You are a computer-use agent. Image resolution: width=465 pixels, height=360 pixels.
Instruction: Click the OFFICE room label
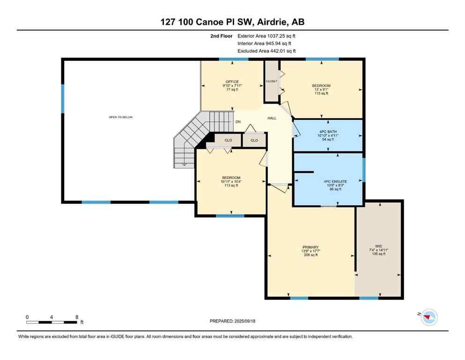(x=232, y=82)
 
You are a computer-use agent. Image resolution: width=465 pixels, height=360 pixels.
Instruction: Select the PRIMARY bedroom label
(x=310, y=247)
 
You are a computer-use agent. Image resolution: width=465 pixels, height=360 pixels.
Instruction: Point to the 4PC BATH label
(x=328, y=131)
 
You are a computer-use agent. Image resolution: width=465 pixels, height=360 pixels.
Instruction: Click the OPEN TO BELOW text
(x=121, y=117)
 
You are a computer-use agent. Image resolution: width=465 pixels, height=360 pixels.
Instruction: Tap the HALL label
(x=272, y=118)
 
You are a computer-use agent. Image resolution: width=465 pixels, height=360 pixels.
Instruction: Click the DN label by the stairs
(x=238, y=122)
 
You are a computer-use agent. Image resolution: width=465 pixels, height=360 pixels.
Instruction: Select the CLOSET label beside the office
(x=272, y=81)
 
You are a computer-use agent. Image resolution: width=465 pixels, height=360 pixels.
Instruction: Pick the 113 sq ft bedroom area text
(x=231, y=185)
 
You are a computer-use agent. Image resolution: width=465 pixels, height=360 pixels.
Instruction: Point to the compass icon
(x=428, y=317)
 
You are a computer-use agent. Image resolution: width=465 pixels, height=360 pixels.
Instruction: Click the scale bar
(x=52, y=322)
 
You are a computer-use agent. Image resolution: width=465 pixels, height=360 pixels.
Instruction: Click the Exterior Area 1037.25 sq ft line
(x=266, y=36)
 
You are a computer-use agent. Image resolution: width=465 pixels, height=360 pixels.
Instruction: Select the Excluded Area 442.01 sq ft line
(x=266, y=51)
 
